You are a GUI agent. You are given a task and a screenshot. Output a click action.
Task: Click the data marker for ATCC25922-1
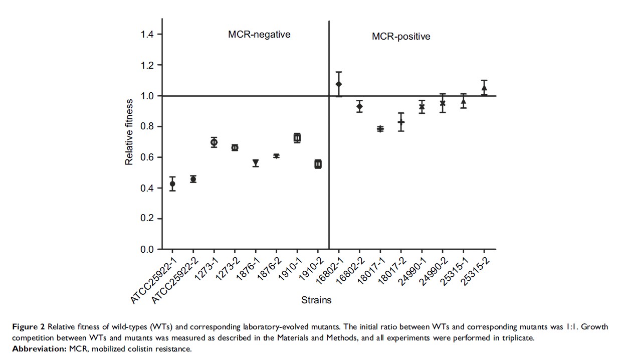pos(172,184)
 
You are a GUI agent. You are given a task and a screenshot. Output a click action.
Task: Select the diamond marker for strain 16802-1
pos(339,84)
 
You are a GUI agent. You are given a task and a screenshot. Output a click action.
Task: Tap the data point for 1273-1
pos(214,142)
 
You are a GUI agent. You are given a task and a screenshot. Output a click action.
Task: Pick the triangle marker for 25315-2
pos(484,88)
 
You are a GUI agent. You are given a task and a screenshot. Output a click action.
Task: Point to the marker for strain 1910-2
pos(318,164)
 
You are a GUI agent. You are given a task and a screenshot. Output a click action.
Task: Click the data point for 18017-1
pos(380,129)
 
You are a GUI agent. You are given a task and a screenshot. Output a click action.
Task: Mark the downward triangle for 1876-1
pos(256,163)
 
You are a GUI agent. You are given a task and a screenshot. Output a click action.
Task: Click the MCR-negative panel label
pos(259,35)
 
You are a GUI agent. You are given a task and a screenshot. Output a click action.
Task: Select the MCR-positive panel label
pos(401,37)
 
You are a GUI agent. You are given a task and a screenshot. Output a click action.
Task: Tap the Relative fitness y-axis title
pos(129,132)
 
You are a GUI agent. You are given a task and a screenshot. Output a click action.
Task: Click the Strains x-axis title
pos(316,300)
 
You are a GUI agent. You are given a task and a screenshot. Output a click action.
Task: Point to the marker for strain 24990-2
pos(443,103)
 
